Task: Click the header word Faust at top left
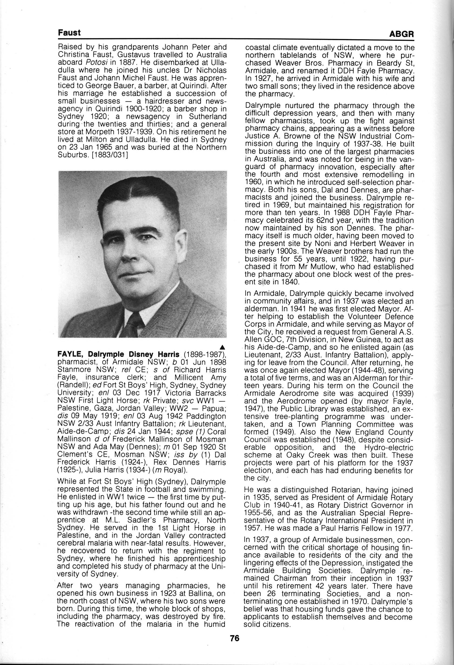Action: (x=69, y=33)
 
